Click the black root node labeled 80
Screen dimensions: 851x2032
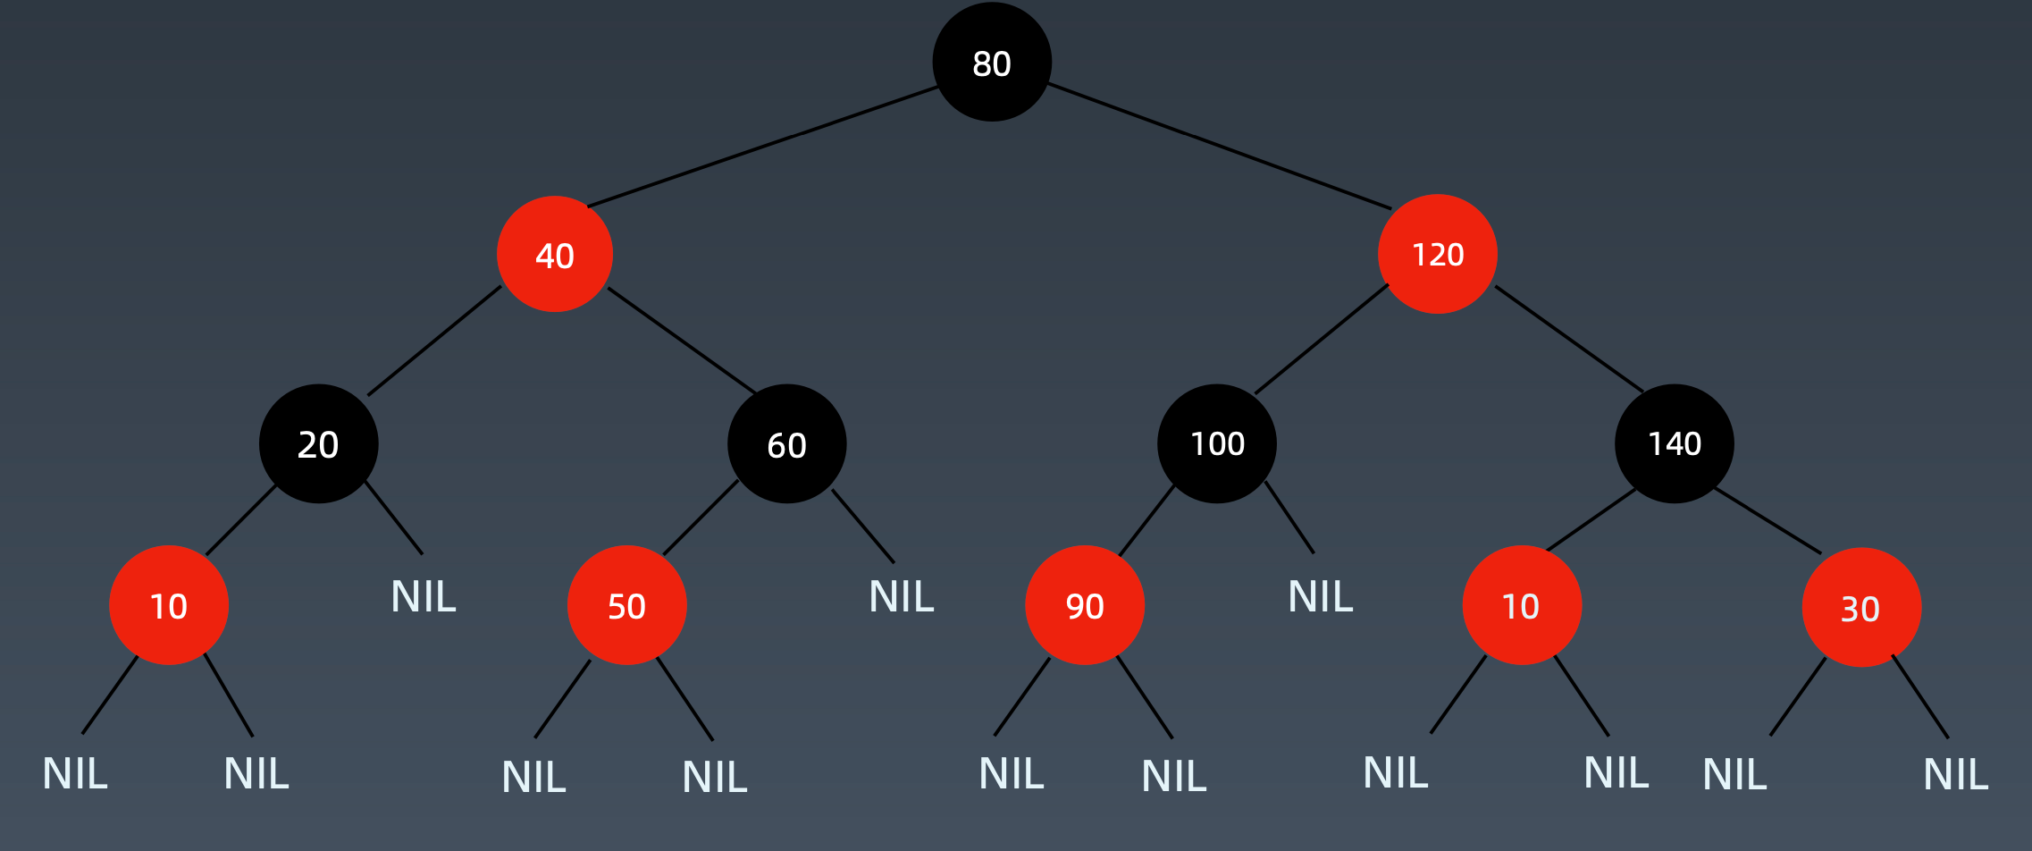click(992, 63)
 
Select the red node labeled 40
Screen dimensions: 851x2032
click(555, 255)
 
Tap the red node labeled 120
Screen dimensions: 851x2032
click(1438, 255)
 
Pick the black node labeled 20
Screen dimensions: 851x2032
click(319, 444)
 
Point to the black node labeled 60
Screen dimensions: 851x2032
click(787, 444)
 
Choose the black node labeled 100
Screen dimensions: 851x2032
click(1217, 443)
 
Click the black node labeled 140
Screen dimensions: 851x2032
click(1675, 443)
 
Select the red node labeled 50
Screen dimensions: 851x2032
click(627, 605)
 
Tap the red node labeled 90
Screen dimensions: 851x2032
click(1085, 605)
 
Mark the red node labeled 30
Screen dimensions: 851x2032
click(1861, 608)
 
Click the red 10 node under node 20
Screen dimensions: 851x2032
click(169, 605)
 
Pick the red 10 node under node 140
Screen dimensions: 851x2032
click(1522, 605)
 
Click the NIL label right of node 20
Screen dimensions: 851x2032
click(424, 596)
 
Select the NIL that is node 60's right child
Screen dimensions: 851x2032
click(902, 596)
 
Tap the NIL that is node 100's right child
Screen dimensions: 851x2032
click(1321, 596)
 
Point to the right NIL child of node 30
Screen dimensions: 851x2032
click(1956, 774)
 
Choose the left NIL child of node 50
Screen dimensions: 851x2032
click(533, 777)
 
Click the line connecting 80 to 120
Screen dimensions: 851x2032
click(1220, 147)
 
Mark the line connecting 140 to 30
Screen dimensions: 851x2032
click(1768, 520)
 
